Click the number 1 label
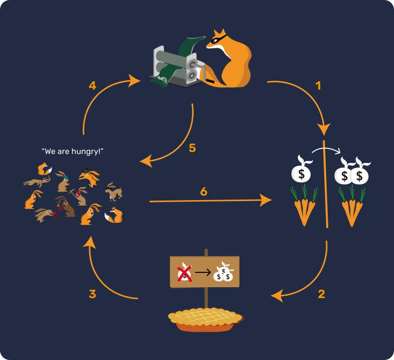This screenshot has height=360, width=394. (318, 86)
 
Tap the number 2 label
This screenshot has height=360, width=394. (321, 294)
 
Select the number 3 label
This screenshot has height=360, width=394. (92, 294)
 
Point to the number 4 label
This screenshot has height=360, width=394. (92, 86)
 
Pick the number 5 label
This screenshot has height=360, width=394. (193, 148)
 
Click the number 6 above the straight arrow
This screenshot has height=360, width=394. (203, 191)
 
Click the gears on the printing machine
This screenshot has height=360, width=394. (192, 70)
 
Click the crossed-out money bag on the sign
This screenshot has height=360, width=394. (184, 272)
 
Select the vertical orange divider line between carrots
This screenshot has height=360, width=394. (325, 188)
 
